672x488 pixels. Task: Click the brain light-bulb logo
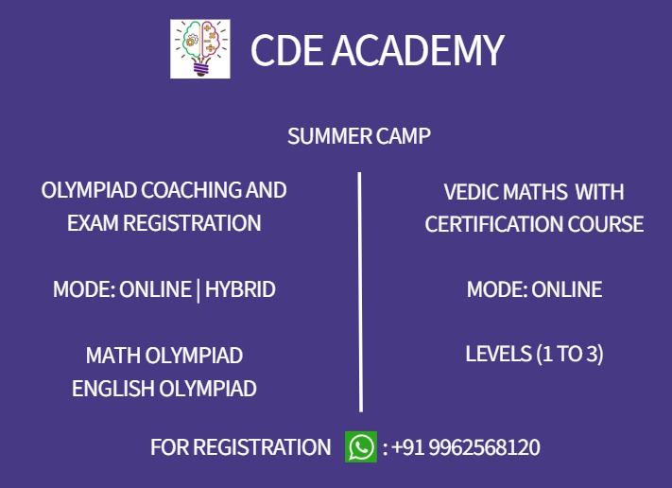199,49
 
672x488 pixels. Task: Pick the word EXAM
92,224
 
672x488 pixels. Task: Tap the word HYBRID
240,289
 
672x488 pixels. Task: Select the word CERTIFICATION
498,225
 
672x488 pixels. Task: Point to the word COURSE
610,225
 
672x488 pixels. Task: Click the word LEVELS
498,355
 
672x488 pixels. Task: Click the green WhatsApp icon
361,447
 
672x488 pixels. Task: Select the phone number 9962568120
484,447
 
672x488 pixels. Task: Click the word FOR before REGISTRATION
169,447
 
